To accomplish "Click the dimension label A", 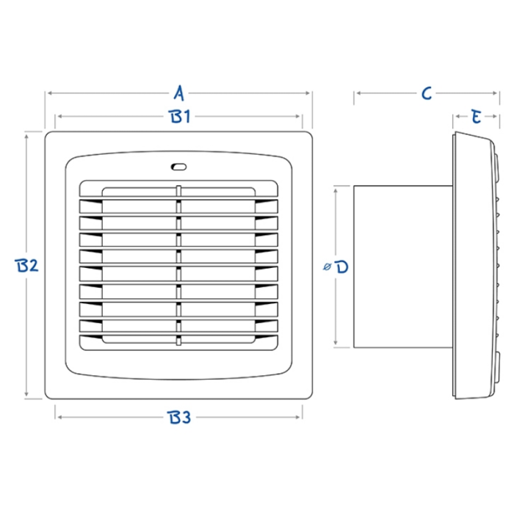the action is [x=179, y=93].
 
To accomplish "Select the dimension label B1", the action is [x=179, y=116].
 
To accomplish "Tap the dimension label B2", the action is [x=26, y=265].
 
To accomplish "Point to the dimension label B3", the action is [x=179, y=417].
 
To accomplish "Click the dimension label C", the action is [x=427, y=93].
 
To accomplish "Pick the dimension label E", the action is [x=476, y=116].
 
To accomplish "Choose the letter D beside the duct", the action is [x=342, y=267].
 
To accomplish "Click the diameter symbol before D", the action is [x=327, y=267].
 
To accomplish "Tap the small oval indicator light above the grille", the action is [x=178, y=167].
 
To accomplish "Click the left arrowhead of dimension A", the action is [x=50, y=93].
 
